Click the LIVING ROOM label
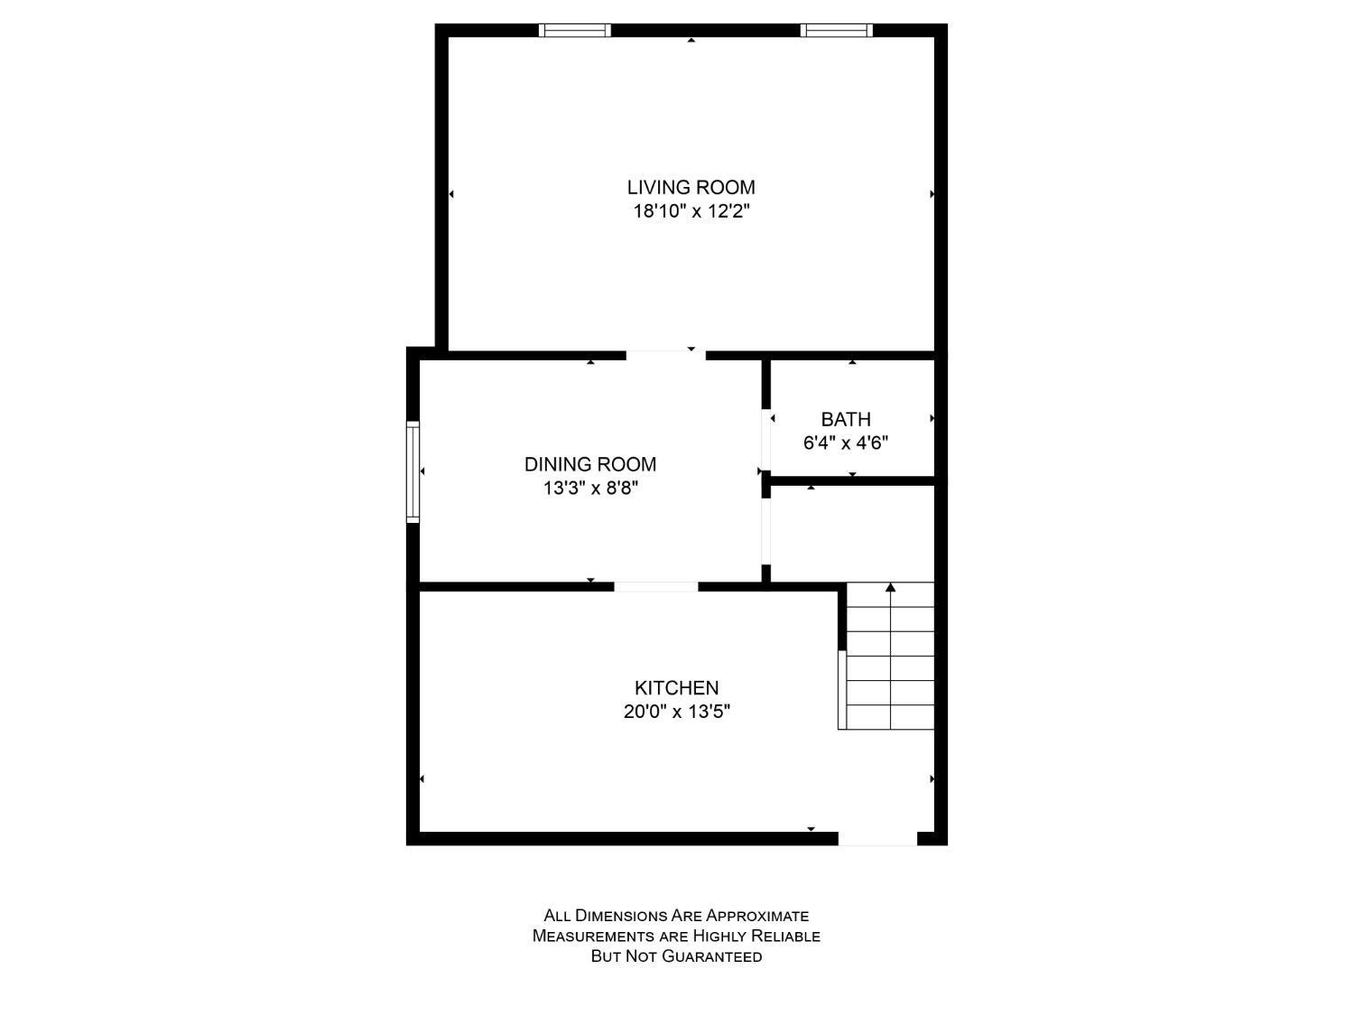pyautogui.click(x=691, y=187)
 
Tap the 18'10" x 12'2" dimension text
pyautogui.click(x=691, y=211)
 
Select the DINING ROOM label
pyautogui.click(x=590, y=464)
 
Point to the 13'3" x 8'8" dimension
pyautogui.click(x=590, y=489)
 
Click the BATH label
pyautogui.click(x=846, y=419)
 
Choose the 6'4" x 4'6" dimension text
pyautogui.click(x=846, y=443)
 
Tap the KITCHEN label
pyautogui.click(x=677, y=688)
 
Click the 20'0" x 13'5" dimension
pyautogui.click(x=677, y=712)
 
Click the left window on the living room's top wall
pyautogui.click(x=575, y=30)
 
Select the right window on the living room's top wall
pyautogui.click(x=837, y=30)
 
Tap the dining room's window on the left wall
pyautogui.click(x=413, y=472)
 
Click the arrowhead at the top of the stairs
pyautogui.click(x=890, y=587)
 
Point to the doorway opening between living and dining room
pyautogui.click(x=666, y=355)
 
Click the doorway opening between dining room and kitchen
pyautogui.click(x=656, y=587)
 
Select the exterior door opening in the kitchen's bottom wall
pyautogui.click(x=877, y=838)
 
